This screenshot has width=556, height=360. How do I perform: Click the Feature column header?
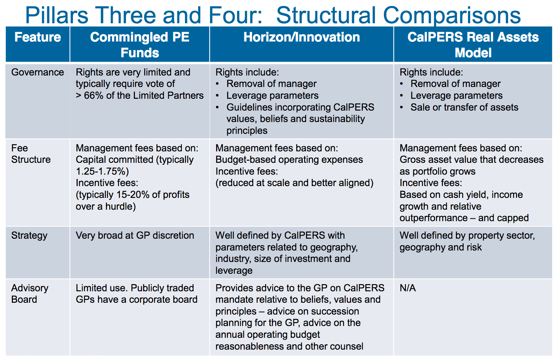tap(38, 37)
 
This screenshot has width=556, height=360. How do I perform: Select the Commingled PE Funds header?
tap(140, 45)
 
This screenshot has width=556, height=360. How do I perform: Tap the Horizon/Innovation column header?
tap(302, 37)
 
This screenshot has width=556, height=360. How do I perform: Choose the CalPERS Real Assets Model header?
tap(473, 45)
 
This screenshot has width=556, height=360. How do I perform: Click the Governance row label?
tap(38, 72)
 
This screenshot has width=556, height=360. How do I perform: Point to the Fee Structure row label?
tap(31, 154)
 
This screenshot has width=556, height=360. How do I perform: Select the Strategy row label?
tap(29, 236)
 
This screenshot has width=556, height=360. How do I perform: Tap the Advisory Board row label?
tap(30, 294)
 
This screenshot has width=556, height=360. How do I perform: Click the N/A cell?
tap(408, 288)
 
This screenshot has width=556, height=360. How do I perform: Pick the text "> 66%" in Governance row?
tap(89, 96)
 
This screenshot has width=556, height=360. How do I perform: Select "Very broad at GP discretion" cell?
tap(135, 235)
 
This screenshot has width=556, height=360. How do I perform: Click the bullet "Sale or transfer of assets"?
tap(464, 107)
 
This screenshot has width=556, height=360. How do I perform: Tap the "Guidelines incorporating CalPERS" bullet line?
tap(300, 107)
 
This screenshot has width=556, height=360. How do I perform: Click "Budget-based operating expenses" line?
tap(289, 160)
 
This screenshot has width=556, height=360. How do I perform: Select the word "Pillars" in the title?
tap(57, 15)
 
